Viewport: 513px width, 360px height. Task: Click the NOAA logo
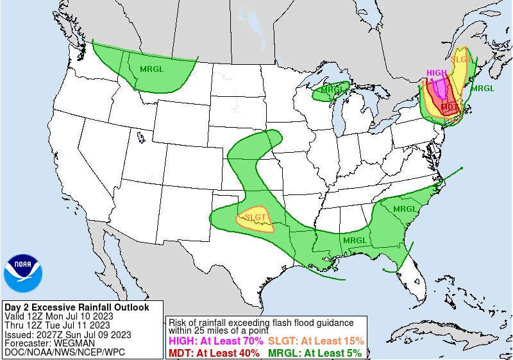coord(22,273)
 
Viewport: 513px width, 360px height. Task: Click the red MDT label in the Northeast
coord(450,107)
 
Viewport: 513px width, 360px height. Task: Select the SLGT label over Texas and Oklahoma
coord(255,218)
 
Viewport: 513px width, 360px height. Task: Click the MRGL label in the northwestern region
coord(151,69)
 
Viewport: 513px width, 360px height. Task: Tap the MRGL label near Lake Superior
coord(331,90)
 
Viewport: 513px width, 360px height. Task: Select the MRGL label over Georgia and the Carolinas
coord(405,209)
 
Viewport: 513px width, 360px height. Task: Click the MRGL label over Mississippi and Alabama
coord(354,241)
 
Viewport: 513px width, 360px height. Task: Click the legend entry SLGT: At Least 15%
coord(315,341)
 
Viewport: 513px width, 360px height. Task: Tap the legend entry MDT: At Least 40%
coord(214,352)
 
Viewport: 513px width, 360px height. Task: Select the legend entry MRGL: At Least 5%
coord(314,352)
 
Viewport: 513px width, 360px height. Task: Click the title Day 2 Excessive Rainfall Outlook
coord(76,307)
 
